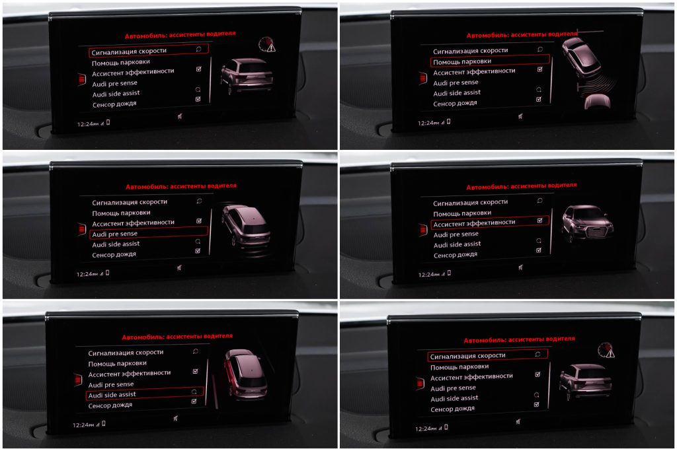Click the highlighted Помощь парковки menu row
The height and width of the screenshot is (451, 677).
point(490,61)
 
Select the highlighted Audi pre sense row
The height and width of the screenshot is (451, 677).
point(149,233)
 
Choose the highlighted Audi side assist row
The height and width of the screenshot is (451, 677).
point(145,394)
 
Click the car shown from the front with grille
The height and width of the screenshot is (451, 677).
point(587,223)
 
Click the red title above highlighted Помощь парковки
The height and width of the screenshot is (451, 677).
point(522,34)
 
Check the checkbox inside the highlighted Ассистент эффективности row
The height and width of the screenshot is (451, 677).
point(539,221)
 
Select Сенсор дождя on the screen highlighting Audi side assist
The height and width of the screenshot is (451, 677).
point(110,405)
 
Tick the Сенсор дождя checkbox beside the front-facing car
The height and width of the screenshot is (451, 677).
point(539,250)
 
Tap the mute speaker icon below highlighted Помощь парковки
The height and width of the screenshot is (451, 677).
point(521,116)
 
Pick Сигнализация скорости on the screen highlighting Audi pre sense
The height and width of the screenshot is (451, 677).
point(130,202)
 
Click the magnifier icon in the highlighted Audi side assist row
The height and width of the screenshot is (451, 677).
point(194,392)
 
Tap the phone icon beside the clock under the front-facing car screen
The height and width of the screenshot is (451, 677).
point(449,273)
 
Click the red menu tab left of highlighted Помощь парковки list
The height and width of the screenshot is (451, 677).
point(423,79)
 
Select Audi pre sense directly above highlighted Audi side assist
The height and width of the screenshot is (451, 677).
point(111,384)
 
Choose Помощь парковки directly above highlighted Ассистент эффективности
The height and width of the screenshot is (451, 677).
point(462,213)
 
